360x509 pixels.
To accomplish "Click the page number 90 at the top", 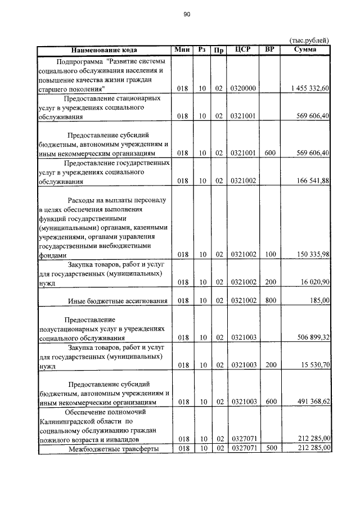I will coord(187,16).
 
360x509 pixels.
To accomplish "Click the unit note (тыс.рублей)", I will coord(309,40).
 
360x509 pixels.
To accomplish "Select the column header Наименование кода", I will coord(104,49).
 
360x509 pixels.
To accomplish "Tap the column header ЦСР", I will coord(243,49).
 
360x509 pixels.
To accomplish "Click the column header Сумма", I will coord(305,49).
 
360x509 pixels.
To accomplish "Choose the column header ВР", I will coord(270,49).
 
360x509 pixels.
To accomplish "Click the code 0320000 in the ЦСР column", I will coord(243,89).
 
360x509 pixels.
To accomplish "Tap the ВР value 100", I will coord(270,255).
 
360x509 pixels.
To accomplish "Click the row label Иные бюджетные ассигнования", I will coord(118,301).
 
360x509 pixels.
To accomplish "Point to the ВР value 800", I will coord(270,301).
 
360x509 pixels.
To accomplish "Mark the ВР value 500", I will coord(270,448).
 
